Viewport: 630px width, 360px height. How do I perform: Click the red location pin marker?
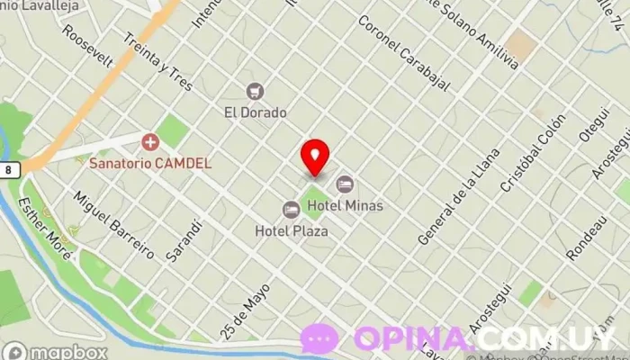coord(315,157)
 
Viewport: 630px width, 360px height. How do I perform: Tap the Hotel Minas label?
coord(345,206)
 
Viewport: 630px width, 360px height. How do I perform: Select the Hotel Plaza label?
coord(291,230)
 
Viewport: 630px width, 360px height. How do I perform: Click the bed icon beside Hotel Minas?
coord(345,184)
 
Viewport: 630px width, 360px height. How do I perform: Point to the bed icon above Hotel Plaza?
coord(291,209)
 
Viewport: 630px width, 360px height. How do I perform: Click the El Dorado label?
coord(255,112)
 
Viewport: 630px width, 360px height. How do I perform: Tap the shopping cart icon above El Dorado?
coord(255,91)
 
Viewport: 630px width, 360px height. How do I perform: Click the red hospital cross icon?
coord(149,142)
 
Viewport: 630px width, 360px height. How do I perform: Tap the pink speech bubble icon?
coord(319,338)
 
